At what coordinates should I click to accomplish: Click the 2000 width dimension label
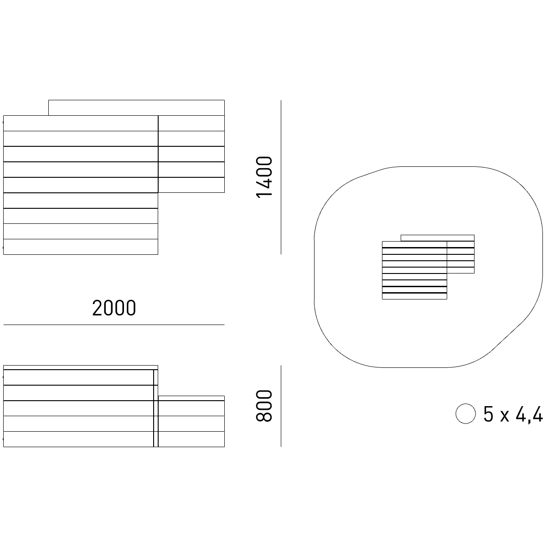click(x=114, y=308)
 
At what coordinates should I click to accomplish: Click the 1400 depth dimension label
click(x=264, y=177)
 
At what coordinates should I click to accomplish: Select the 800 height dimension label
click(x=264, y=406)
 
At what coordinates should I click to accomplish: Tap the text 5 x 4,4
click(x=513, y=415)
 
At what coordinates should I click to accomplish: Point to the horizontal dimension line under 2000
click(x=114, y=325)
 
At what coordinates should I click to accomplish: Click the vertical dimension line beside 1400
click(x=281, y=177)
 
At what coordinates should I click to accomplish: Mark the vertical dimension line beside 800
click(x=281, y=406)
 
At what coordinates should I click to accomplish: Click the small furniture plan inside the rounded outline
click(x=428, y=267)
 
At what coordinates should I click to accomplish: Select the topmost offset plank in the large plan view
click(x=137, y=108)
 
